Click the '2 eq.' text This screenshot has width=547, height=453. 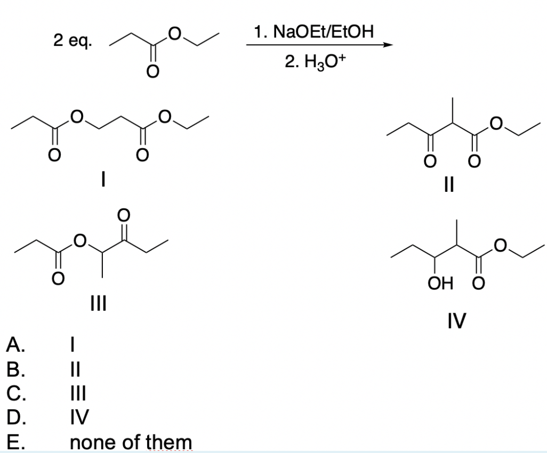point(72,41)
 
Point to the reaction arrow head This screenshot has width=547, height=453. point(388,46)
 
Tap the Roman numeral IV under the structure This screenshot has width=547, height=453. point(457,321)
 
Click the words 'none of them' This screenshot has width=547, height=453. point(131,442)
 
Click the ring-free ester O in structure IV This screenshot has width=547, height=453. point(500,246)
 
